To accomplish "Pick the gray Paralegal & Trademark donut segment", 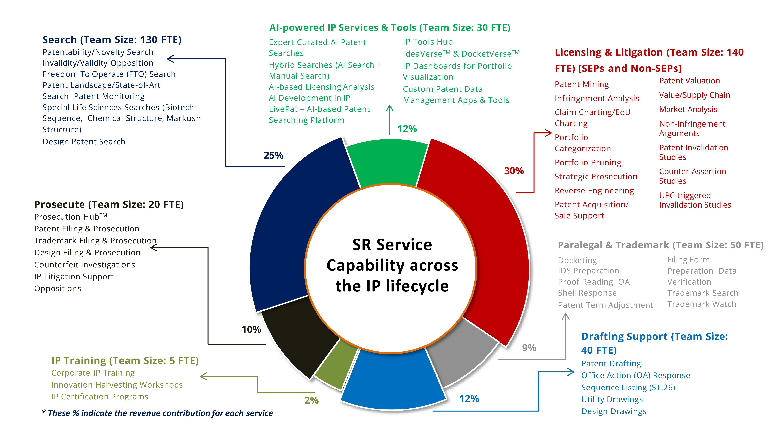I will [x=461, y=351].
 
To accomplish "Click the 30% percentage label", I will [x=514, y=171].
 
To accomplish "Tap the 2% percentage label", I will [x=311, y=401].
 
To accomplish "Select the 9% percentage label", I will [x=529, y=348].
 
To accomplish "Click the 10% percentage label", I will [x=251, y=329].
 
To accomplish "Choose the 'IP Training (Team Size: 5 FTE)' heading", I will [x=125, y=361].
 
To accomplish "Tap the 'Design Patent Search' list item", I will [x=84, y=142].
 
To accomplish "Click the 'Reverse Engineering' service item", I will [x=594, y=191].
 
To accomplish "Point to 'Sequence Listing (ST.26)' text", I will [x=628, y=388].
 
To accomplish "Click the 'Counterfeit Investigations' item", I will [x=85, y=265].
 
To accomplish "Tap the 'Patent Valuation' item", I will [x=689, y=81].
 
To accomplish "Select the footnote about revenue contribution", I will [x=157, y=413].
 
